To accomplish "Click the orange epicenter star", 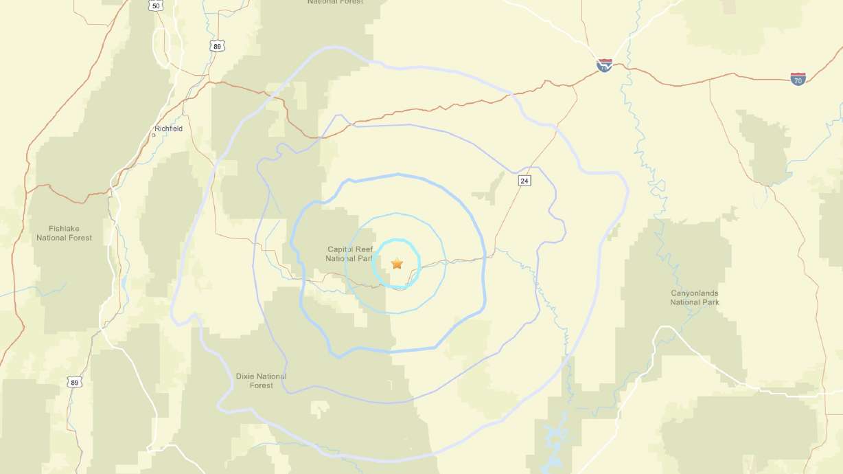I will click(x=397, y=263).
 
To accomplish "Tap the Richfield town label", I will click(x=169, y=128).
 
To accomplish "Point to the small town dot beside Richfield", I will click(x=154, y=135).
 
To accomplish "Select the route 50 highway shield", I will click(x=157, y=5).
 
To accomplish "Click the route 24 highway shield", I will click(x=524, y=181).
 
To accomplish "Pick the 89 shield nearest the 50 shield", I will click(x=218, y=46).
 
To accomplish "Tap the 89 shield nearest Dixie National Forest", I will click(x=75, y=382).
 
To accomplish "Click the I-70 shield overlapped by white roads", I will click(x=604, y=66).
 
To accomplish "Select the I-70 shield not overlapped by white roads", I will click(x=798, y=79).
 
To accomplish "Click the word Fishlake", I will click(x=65, y=229).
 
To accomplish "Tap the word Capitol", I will click(x=340, y=249).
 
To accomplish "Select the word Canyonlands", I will click(x=695, y=293).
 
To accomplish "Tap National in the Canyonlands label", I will click(x=685, y=302).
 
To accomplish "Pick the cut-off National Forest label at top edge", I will click(x=335, y=2).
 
